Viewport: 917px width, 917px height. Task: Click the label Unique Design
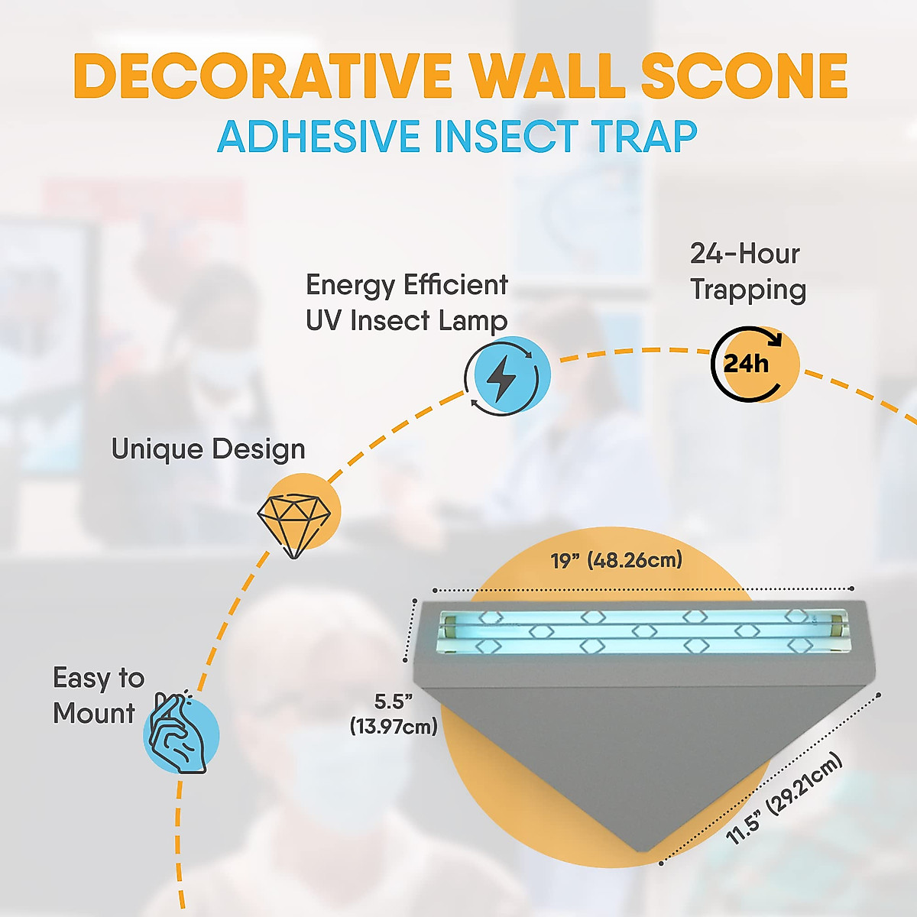(x=208, y=449)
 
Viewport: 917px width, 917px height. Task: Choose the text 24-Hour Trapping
(x=747, y=272)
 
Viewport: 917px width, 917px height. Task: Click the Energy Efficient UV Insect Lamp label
(x=407, y=303)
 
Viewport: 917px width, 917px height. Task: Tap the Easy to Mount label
(x=97, y=695)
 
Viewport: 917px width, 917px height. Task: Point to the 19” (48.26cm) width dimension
(x=616, y=561)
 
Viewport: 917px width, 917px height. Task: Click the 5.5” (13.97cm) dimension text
(x=394, y=714)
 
